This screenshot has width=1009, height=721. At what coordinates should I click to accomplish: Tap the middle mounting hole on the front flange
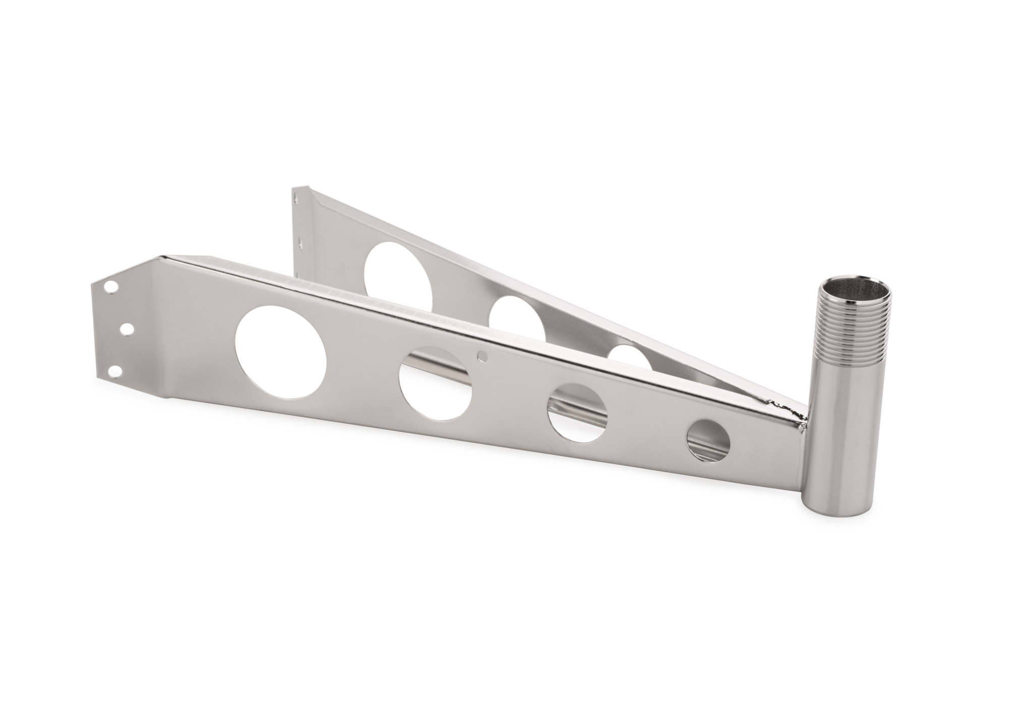tap(127, 329)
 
